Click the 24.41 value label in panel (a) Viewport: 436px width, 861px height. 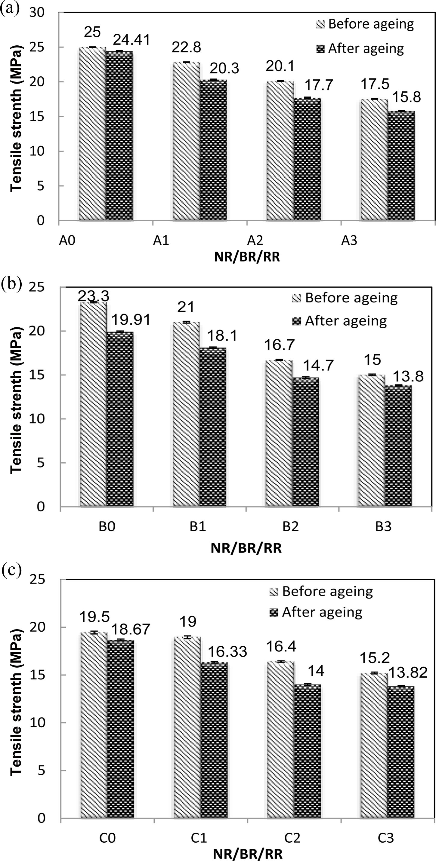(x=131, y=40)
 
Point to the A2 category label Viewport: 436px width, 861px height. (x=255, y=240)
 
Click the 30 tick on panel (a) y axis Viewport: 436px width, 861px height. (x=37, y=12)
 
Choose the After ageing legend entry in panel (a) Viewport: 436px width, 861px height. (x=360, y=49)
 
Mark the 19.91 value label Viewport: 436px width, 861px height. (x=131, y=320)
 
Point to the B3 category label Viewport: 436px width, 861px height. (x=383, y=526)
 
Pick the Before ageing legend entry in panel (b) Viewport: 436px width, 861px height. (x=345, y=298)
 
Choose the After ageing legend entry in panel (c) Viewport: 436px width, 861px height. (x=316, y=612)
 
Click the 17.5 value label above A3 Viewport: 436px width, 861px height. (x=375, y=84)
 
